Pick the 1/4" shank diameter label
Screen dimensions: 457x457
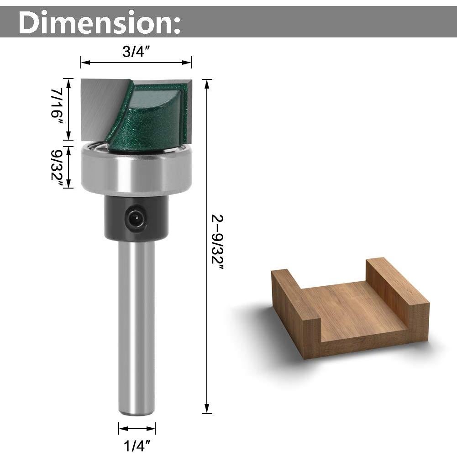tap(137, 444)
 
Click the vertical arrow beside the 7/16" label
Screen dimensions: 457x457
tap(68, 110)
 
